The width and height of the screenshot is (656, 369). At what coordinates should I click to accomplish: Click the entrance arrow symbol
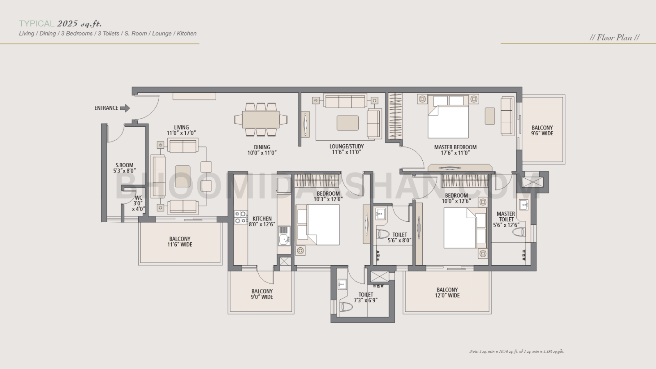[x=125, y=108]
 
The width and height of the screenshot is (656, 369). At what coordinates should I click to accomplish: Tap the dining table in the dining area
[x=261, y=120]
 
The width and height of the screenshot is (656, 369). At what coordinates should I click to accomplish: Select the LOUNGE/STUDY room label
[x=346, y=149]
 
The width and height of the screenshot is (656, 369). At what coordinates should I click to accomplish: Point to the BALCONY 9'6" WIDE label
[x=542, y=131]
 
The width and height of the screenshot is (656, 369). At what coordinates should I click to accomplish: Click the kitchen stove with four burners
[x=240, y=217]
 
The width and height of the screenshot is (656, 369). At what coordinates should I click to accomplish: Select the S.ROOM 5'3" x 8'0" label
[x=124, y=168]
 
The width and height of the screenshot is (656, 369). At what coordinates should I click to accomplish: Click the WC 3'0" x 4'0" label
[x=139, y=203]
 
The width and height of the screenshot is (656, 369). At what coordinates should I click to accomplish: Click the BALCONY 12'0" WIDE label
[x=447, y=293]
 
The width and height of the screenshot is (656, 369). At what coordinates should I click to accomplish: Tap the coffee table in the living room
[x=182, y=176]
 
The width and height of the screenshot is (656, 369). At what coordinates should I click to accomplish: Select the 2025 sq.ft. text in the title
[x=79, y=24]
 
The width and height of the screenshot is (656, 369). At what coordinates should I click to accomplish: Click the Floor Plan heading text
[x=614, y=38]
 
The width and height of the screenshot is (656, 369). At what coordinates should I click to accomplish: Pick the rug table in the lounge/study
[x=348, y=123]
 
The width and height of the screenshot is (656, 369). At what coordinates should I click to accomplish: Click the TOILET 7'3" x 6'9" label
[x=366, y=298]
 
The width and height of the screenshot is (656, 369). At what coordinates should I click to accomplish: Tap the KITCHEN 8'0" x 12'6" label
[x=262, y=221]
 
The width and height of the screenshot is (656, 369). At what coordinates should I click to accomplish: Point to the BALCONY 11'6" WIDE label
[x=180, y=242]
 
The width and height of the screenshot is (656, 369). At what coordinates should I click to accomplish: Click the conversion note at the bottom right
[x=517, y=351]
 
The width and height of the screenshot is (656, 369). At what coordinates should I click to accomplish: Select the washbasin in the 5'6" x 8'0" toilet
[x=380, y=214]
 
